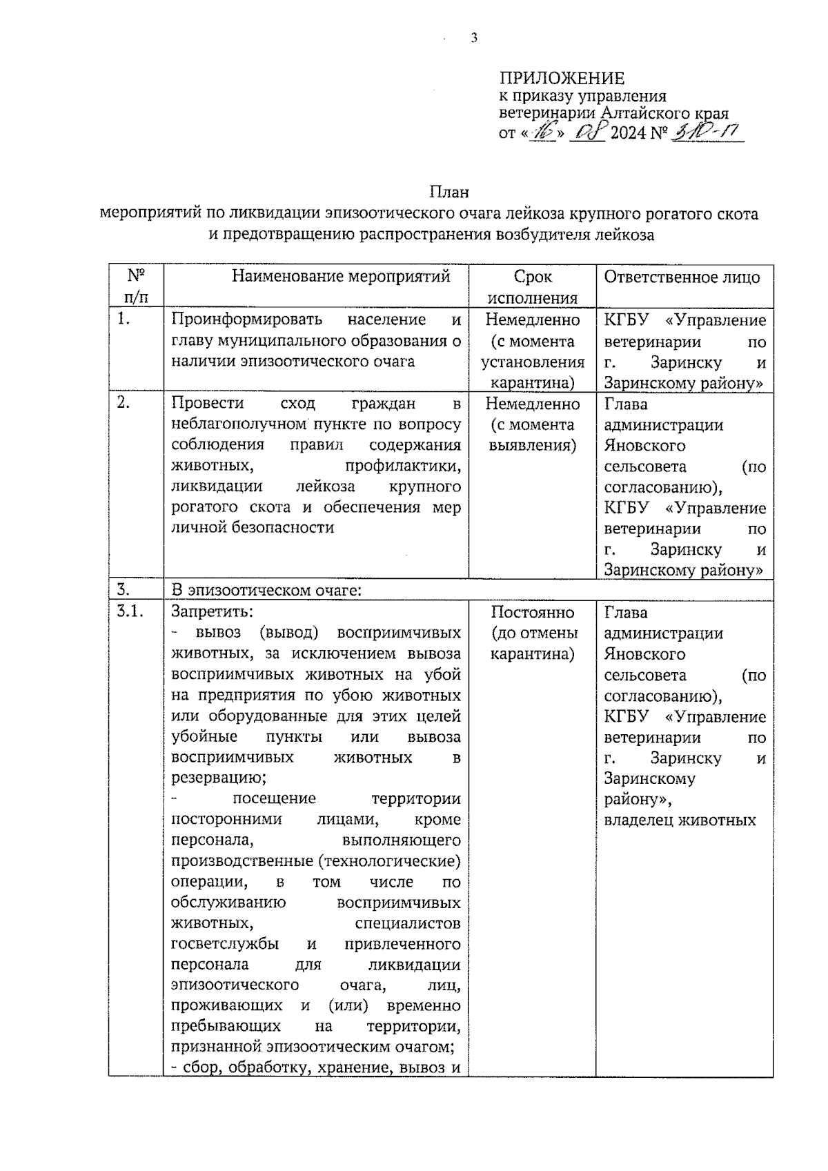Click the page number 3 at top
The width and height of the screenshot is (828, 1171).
click(x=473, y=39)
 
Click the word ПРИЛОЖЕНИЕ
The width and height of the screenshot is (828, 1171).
click(x=561, y=79)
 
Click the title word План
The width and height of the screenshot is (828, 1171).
click(x=448, y=193)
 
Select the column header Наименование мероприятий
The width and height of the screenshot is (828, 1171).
click(x=341, y=277)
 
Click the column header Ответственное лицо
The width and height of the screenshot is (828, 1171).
click(x=682, y=277)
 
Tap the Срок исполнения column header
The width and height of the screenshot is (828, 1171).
click(x=533, y=287)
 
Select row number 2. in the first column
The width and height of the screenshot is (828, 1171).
click(x=124, y=403)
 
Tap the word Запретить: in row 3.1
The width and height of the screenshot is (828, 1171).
click(x=212, y=611)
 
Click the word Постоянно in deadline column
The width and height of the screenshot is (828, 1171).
click(x=533, y=612)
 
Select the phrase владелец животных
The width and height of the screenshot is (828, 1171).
click(x=680, y=820)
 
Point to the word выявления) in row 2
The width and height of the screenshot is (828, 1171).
click(x=533, y=445)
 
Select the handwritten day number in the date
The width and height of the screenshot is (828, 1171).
click(x=542, y=132)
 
